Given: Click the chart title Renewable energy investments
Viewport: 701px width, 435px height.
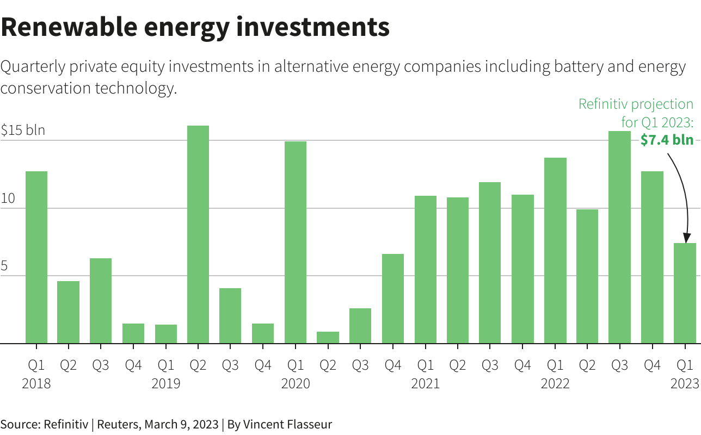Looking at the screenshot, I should pos(195,27).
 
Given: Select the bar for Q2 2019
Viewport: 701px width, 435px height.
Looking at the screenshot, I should pos(198,234).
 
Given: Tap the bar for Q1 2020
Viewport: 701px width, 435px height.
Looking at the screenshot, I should pos(296,243).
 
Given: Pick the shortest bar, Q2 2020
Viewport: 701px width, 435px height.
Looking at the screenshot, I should pos(328,338).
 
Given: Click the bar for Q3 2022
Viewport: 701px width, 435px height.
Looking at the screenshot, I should pos(619,237).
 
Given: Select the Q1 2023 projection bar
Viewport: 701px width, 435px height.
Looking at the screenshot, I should pos(685,293).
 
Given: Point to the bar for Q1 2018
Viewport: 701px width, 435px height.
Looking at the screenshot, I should pos(36,257).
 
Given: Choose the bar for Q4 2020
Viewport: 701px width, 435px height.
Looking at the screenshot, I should pos(393,299).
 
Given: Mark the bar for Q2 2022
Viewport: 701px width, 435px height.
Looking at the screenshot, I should pos(587,276).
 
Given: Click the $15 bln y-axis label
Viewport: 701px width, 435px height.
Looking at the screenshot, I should pos(23,130).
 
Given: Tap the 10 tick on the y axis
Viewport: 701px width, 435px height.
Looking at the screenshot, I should pos(8,198).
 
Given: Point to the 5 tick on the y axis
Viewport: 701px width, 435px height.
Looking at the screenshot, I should pos(4,266).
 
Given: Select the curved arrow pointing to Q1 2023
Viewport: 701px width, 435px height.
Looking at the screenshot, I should pos(682,190).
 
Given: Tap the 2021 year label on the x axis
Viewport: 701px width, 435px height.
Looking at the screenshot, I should pos(425,383).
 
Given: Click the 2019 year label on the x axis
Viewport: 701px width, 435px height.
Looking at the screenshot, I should pos(166,383).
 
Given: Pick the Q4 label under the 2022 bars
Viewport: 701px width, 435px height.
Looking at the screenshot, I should pos(652,365).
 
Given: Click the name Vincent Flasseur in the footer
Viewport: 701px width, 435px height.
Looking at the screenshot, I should pos(287,424).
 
